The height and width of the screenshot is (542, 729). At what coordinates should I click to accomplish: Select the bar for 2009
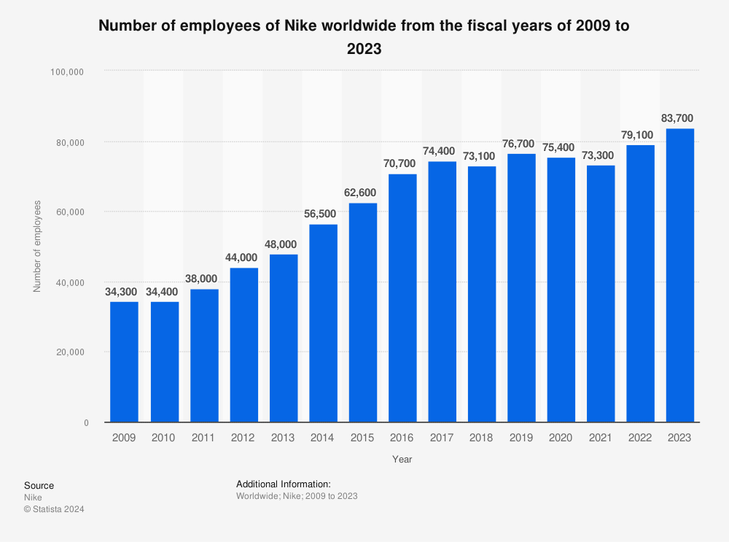tap(124, 362)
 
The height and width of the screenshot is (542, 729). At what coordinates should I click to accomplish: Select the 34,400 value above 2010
tap(164, 290)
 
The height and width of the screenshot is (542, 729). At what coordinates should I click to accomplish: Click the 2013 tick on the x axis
tap(283, 438)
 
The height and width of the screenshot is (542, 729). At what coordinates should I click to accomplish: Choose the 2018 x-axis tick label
tap(481, 438)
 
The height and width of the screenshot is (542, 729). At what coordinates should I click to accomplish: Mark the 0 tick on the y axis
tap(86, 423)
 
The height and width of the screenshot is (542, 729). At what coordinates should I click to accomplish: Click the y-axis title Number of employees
tap(37, 246)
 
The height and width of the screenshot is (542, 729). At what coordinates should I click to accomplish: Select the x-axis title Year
tap(402, 460)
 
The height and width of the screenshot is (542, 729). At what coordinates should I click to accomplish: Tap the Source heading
tap(39, 486)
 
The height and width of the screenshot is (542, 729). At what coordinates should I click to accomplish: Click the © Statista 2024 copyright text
tap(54, 509)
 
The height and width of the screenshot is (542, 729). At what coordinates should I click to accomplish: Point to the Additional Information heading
tap(284, 484)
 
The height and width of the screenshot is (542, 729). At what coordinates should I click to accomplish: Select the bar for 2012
tap(243, 345)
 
